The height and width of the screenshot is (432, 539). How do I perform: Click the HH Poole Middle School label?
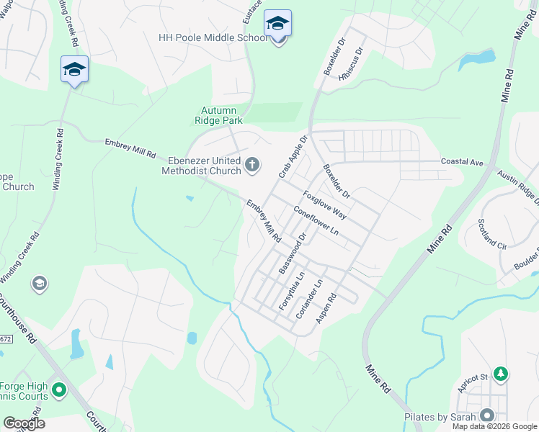pyautogui.click(x=213, y=37)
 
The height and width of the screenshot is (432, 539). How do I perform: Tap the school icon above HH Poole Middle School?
pyautogui.click(x=277, y=24)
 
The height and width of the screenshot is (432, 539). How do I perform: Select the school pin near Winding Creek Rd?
pyautogui.click(x=74, y=70)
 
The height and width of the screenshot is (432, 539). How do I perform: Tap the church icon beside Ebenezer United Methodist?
pyautogui.click(x=252, y=165)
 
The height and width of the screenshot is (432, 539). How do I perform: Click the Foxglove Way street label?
pyautogui.click(x=324, y=204)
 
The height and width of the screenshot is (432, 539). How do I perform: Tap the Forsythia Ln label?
pyautogui.click(x=290, y=291)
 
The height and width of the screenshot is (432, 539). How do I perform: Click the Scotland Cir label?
pyautogui.click(x=493, y=235)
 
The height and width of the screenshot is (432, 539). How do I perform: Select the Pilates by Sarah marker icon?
pyautogui.click(x=487, y=415)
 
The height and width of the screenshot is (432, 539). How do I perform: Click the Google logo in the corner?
pyautogui.click(x=24, y=423)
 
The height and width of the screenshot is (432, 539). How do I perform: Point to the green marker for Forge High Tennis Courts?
pyautogui.click(x=58, y=391)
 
